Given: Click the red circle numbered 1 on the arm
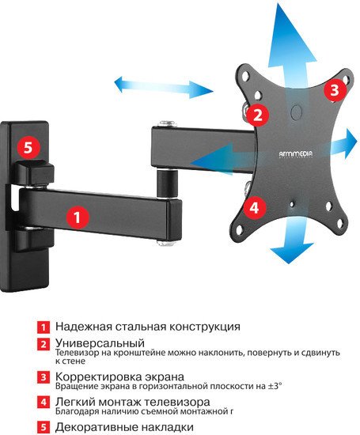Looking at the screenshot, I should pyautogui.click(x=77, y=214).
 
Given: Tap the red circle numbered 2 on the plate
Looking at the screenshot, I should pyautogui.click(x=256, y=114).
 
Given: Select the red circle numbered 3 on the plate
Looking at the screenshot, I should pyautogui.click(x=334, y=89).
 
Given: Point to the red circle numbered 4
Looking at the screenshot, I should pyautogui.click(x=253, y=208).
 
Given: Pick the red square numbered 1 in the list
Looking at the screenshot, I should pyautogui.click(x=44, y=326).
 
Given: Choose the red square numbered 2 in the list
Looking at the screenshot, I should pyautogui.click(x=44, y=345).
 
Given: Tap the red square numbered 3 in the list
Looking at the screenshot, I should pyautogui.click(x=44, y=377).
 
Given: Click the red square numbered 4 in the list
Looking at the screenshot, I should pyautogui.click(x=44, y=403).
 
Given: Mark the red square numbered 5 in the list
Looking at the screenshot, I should pyautogui.click(x=44, y=428).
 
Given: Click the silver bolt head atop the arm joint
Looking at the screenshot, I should pyautogui.click(x=165, y=124).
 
